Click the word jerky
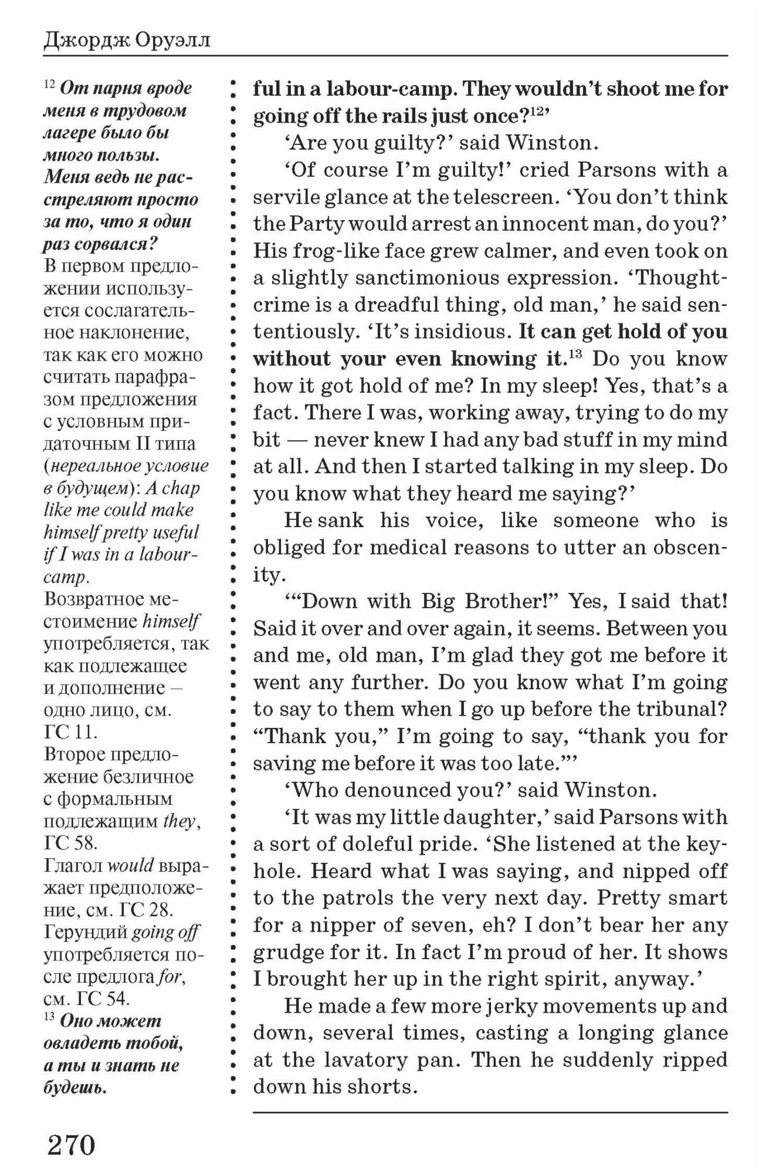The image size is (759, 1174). [x=511, y=1006]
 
